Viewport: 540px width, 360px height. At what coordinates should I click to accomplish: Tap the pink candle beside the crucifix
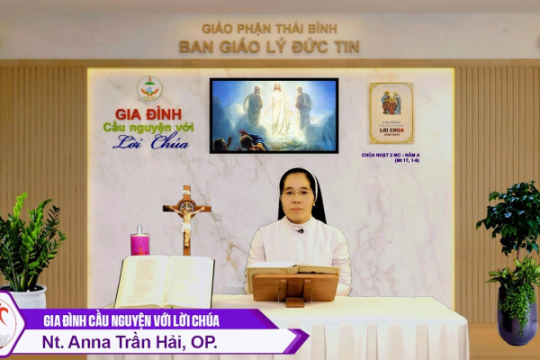click(x=139, y=241)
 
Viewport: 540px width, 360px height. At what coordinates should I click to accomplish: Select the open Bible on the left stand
click(x=165, y=280)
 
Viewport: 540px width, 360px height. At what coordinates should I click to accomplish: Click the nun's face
click(x=298, y=195)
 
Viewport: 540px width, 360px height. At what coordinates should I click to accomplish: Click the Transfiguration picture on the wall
click(x=274, y=115)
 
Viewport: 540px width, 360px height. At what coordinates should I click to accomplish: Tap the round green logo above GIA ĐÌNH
click(x=149, y=89)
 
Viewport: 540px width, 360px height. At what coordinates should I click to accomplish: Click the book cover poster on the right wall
click(x=391, y=113)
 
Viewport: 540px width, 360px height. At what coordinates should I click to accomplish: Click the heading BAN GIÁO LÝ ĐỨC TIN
click(x=269, y=47)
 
